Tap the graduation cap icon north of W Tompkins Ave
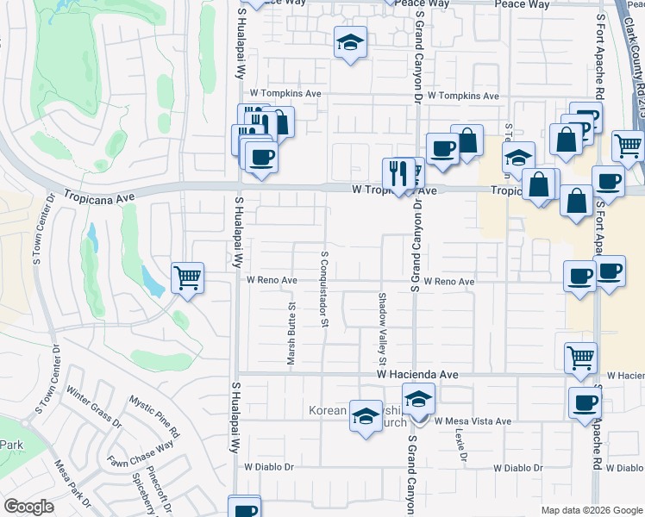pos(350,42)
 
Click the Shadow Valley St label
pos(382,327)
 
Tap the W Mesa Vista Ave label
pos(473,421)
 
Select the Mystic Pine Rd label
pos(155,414)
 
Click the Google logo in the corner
pos(28,507)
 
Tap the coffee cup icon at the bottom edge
pos(245,508)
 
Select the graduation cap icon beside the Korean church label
pos(366,415)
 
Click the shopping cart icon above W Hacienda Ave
pos(580,357)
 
